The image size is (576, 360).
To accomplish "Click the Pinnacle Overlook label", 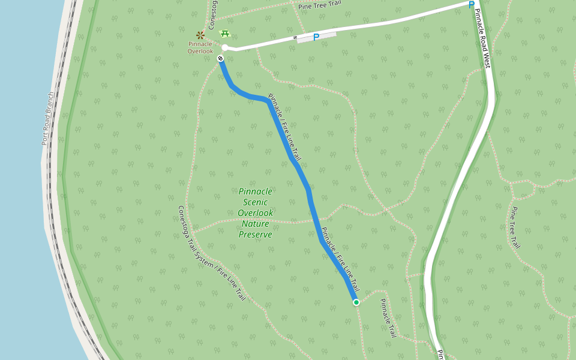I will point(200,47).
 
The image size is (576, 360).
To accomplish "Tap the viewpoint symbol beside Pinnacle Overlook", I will point(200,35).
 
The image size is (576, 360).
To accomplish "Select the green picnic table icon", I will point(225,34).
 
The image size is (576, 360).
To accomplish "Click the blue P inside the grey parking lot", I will point(316,37).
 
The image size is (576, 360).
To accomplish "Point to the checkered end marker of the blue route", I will point(221,58).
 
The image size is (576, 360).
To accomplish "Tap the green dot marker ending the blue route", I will point(356,302).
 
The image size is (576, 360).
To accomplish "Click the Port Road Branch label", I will point(48,118).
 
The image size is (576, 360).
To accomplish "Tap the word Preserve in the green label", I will point(255,235).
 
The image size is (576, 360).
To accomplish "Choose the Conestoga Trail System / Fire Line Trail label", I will point(212,253).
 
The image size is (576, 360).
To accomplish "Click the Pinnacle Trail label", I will point(389,317).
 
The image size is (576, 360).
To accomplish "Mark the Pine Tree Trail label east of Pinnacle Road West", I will point(514,227).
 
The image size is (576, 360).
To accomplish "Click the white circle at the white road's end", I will point(225,47).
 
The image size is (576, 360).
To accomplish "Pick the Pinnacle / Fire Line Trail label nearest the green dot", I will point(340,259).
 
